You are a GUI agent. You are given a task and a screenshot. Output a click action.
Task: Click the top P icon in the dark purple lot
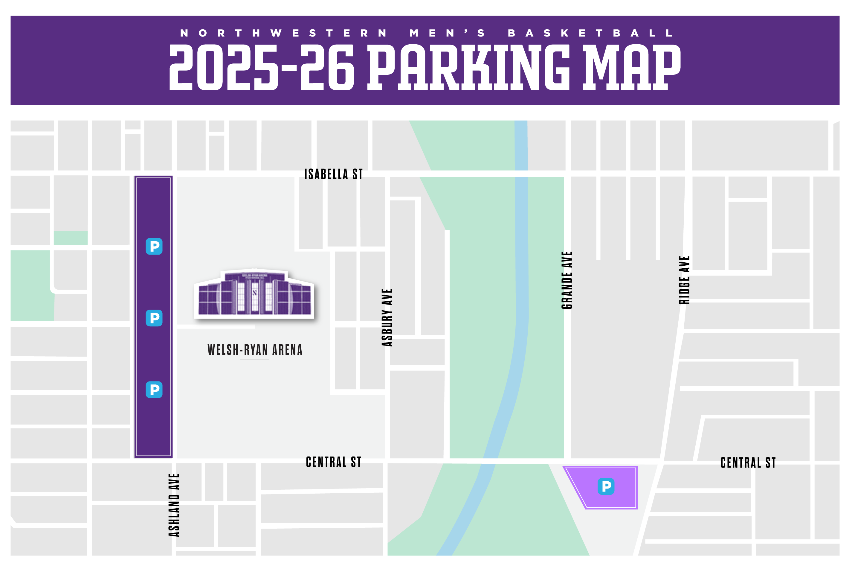coord(154,246)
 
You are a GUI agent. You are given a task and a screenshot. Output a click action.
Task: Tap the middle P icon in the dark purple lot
coord(154,318)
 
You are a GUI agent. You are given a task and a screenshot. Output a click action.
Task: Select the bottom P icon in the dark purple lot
coord(154,390)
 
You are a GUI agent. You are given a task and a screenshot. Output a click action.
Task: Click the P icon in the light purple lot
coord(606,486)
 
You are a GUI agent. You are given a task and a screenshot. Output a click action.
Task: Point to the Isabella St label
coord(334,174)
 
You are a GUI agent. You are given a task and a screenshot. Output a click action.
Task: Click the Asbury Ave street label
coord(387,317)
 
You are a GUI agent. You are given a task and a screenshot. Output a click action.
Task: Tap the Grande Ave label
coord(567,280)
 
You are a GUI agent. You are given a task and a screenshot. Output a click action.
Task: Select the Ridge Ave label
coord(684,280)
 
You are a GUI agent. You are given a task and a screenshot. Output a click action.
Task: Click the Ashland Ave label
coord(174,505)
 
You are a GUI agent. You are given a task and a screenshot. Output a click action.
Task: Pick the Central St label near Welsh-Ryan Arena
coord(334,462)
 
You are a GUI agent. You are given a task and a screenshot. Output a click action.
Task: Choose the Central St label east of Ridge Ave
coord(748,463)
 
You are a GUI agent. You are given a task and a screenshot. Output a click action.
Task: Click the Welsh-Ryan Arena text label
coord(255,350)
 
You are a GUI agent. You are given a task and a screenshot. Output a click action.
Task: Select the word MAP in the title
coord(631,68)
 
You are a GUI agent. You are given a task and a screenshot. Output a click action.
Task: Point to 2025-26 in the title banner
coord(261,68)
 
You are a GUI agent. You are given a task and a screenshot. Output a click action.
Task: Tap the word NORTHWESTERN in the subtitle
coord(283,33)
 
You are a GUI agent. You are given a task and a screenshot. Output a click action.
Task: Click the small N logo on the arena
coord(254,293)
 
